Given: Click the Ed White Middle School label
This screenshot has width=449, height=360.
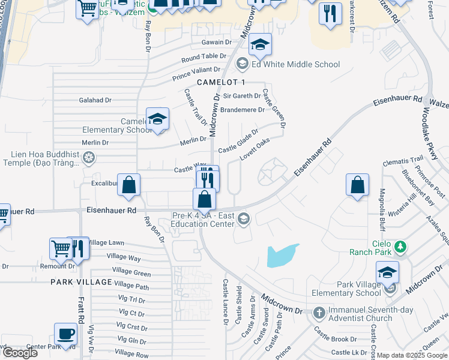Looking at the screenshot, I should [x=296, y=64].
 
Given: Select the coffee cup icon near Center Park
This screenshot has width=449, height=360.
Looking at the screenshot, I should [x=65, y=333].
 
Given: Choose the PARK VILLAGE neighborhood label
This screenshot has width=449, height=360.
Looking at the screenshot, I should [x=81, y=282].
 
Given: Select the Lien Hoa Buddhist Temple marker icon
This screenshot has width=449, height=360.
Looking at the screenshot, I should [x=89, y=158].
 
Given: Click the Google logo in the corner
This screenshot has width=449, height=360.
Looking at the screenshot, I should [x=19, y=352].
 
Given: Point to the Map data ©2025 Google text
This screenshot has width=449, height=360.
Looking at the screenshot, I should [x=411, y=355].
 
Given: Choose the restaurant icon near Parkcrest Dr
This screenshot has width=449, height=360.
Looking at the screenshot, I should [x=330, y=14].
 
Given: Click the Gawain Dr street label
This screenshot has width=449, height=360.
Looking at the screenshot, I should [x=217, y=43].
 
